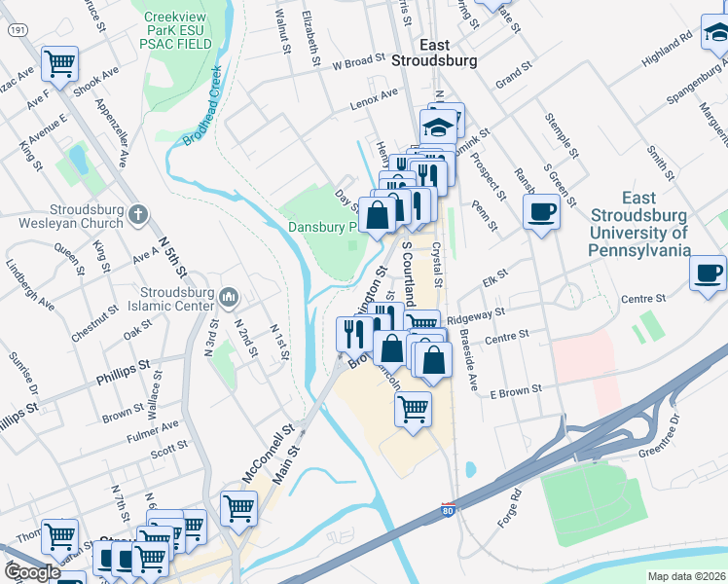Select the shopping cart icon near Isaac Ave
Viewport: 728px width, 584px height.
[x=60, y=64]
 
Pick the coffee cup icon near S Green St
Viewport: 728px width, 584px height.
[x=541, y=210]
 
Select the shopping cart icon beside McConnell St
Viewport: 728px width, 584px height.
[x=238, y=506]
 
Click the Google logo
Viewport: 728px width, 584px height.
[x=32, y=572]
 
